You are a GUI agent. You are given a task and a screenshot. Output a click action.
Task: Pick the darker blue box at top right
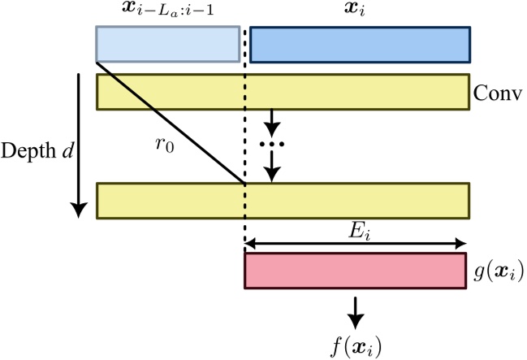[360, 45]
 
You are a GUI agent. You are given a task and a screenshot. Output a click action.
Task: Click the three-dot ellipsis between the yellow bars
[272, 145]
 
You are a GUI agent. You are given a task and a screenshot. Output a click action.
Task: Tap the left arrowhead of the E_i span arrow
[250, 242]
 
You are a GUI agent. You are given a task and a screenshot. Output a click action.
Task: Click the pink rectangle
[356, 271]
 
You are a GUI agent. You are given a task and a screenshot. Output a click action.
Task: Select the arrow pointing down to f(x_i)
[355, 308]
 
